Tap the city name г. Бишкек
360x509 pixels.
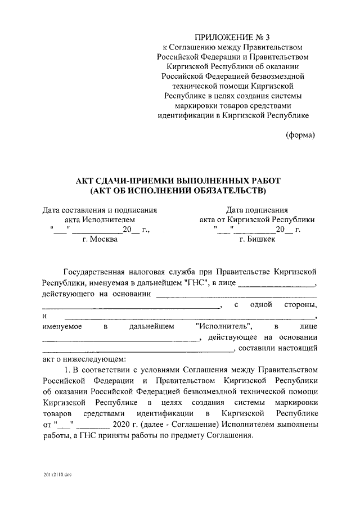257,239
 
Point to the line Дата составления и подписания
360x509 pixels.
100,209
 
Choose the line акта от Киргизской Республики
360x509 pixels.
257,219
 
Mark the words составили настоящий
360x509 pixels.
278,348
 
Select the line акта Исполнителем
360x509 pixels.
100,219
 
